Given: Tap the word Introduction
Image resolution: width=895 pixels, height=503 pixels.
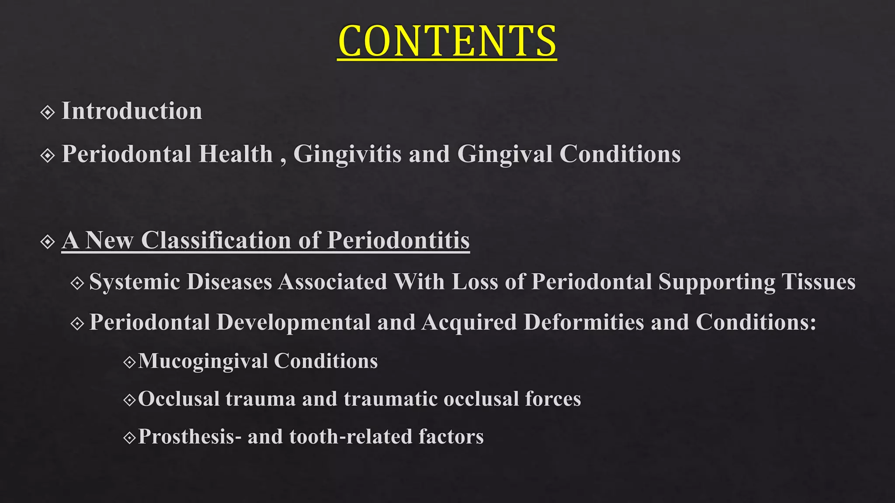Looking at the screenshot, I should tap(132, 111).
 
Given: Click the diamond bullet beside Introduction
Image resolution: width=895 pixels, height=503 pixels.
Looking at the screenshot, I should tap(47, 113).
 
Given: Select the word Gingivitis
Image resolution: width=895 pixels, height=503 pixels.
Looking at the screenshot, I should tap(347, 155).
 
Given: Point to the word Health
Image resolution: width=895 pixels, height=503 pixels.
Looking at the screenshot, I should tap(236, 154).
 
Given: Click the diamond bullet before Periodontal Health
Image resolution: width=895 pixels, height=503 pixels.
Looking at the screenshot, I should tap(47, 155).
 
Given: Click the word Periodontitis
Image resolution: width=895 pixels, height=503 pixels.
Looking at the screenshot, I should tap(398, 240).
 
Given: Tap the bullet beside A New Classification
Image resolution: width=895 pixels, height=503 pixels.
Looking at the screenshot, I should tap(47, 241).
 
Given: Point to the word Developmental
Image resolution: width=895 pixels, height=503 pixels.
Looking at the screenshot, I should tap(294, 322).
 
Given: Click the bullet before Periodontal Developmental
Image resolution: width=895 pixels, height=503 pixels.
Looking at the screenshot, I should tap(77, 324).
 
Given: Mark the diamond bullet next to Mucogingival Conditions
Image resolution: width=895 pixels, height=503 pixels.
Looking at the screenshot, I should tap(130, 362).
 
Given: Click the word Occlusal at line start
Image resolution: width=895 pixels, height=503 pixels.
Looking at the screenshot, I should tap(179, 399).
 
